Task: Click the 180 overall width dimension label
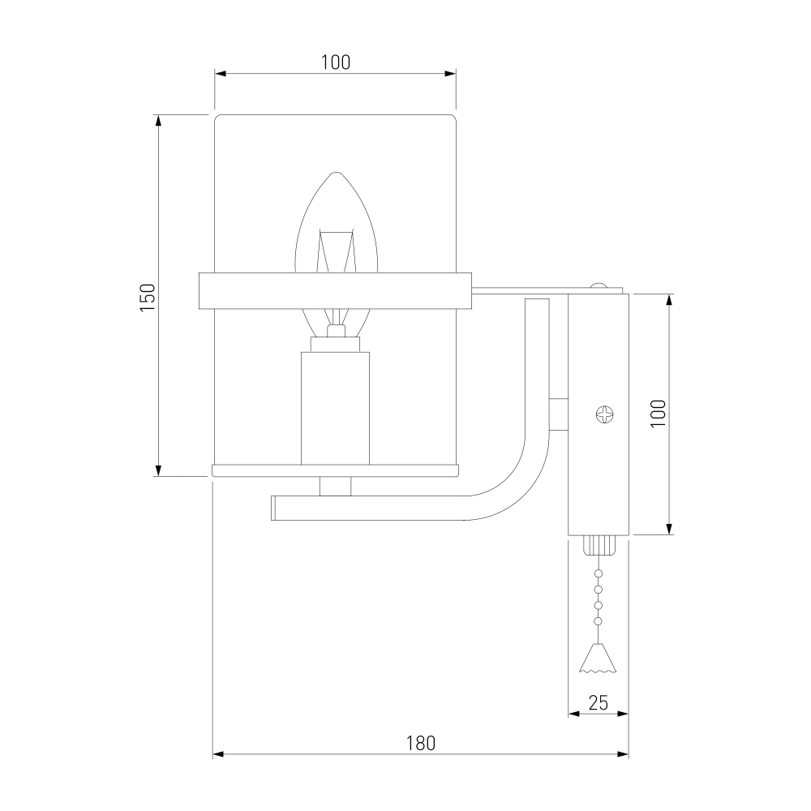(x=420, y=743)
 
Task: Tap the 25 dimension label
(x=598, y=703)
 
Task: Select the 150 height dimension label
(x=148, y=298)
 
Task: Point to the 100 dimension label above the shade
(x=336, y=62)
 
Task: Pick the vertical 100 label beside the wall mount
(x=658, y=414)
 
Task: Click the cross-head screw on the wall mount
(x=604, y=414)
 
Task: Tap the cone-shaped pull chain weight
(x=598, y=658)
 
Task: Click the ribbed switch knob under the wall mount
(x=599, y=545)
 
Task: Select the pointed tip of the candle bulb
(x=337, y=173)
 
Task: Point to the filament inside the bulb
(x=337, y=251)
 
